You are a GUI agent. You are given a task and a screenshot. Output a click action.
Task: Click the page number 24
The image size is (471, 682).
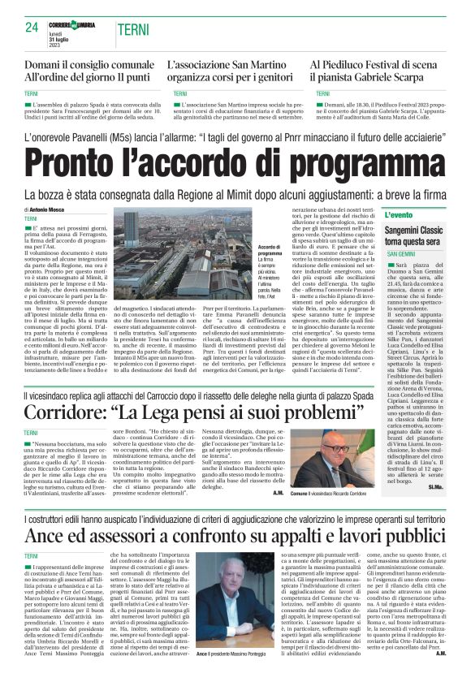[x=32, y=27]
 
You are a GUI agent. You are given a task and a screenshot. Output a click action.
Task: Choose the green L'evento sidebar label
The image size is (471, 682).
[x=399, y=215]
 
